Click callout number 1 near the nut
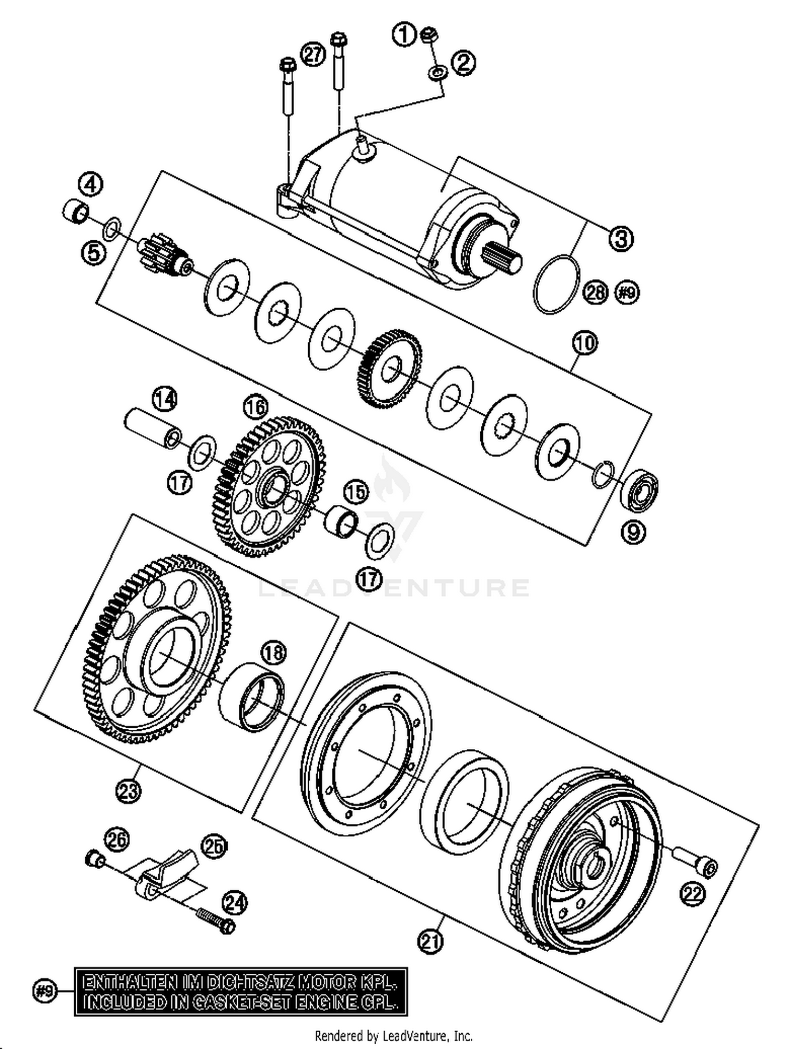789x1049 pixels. pyautogui.click(x=404, y=35)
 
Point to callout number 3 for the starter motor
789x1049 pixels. pyautogui.click(x=621, y=238)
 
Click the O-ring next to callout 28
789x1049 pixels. pyautogui.click(x=557, y=284)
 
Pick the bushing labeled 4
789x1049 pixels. pyautogui.click(x=74, y=210)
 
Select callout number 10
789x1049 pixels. pyautogui.click(x=584, y=343)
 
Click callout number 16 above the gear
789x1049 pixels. pyautogui.click(x=256, y=406)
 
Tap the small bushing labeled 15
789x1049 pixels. pyautogui.click(x=340, y=518)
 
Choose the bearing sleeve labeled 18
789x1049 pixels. pyautogui.click(x=251, y=696)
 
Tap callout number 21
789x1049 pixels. pyautogui.click(x=430, y=941)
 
